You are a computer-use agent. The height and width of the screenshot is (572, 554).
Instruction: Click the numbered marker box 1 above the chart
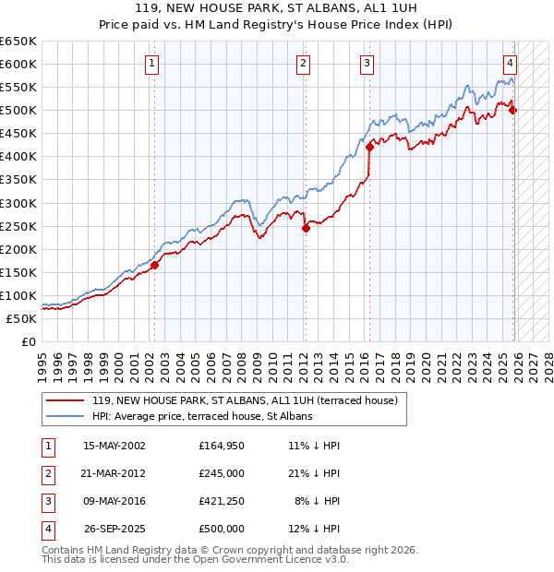point(151,64)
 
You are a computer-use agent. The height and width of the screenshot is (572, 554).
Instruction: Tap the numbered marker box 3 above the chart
point(367,64)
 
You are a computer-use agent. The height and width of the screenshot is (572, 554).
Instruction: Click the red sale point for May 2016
point(369,147)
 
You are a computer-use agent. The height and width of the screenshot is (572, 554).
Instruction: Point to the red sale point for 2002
point(154,266)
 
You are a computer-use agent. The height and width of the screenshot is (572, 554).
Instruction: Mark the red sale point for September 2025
point(513,111)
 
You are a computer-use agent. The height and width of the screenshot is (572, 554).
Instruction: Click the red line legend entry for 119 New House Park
point(244,400)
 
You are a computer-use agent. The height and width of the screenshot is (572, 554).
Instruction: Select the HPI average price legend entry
point(202,416)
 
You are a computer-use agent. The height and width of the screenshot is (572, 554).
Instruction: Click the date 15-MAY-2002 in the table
point(114,446)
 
